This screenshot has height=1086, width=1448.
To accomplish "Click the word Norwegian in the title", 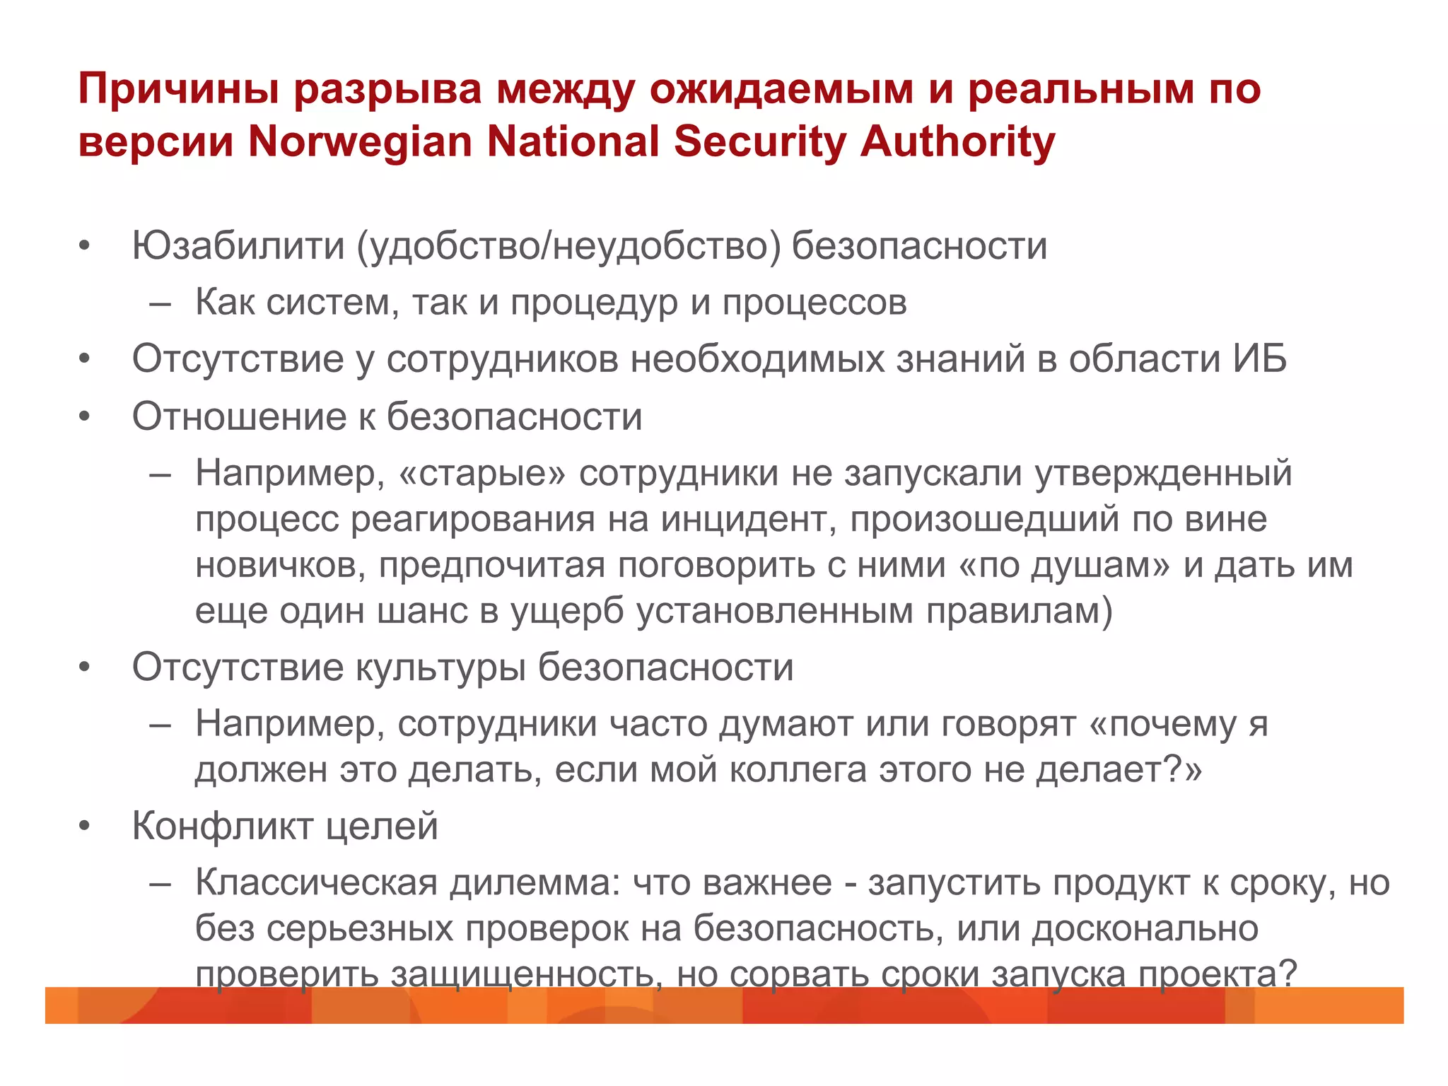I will point(360,141).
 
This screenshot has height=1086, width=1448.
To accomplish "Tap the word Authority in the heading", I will point(957,141).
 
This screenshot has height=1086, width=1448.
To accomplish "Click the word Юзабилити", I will point(238,246).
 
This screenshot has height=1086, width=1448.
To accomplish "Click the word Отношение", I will point(238,416).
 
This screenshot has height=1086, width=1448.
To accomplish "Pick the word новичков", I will point(280,565).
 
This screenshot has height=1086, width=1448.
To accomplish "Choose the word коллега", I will point(798,769).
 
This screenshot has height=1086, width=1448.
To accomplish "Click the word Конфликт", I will point(223,826).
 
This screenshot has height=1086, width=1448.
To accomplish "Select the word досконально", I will point(1145,928).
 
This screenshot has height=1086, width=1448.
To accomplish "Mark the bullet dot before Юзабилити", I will point(85,246).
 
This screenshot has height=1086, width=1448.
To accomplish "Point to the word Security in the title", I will point(759,141).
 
